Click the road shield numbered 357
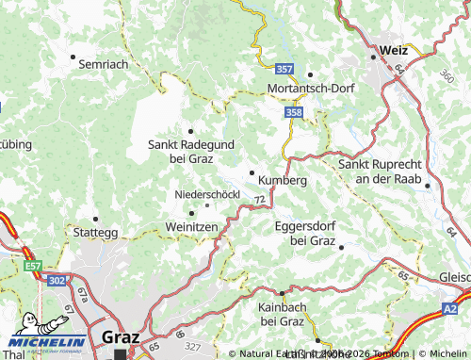(x=285, y=70)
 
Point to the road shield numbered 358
(x=293, y=112)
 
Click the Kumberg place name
(x=282, y=179)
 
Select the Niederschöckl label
(x=207, y=194)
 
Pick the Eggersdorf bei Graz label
(x=305, y=233)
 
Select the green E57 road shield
(x=35, y=267)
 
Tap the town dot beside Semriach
(x=73, y=57)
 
